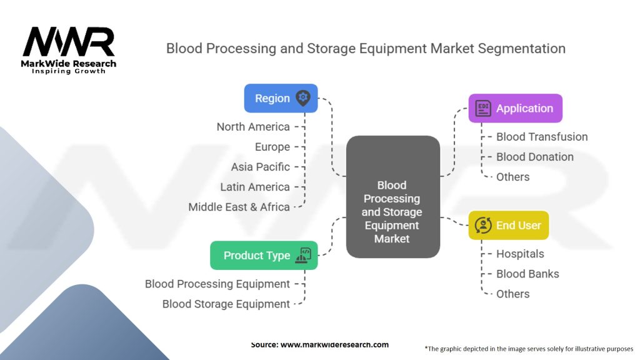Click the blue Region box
tap(281, 98)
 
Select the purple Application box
tap(515, 108)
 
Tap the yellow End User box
tap(508, 225)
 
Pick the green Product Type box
tap(263, 255)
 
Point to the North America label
tap(253, 127)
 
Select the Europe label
tap(272, 147)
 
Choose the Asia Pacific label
tap(261, 167)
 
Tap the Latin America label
tap(255, 187)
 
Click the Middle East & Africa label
tap(239, 207)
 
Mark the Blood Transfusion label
tap(542, 137)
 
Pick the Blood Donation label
tap(535, 157)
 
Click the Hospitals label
tap(520, 254)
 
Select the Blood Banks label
tap(527, 274)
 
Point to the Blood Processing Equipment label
tap(217, 284)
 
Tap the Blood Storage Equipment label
tap(226, 304)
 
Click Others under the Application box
tap(512, 177)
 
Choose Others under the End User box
tap(512, 294)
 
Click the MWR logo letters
tap(69, 42)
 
